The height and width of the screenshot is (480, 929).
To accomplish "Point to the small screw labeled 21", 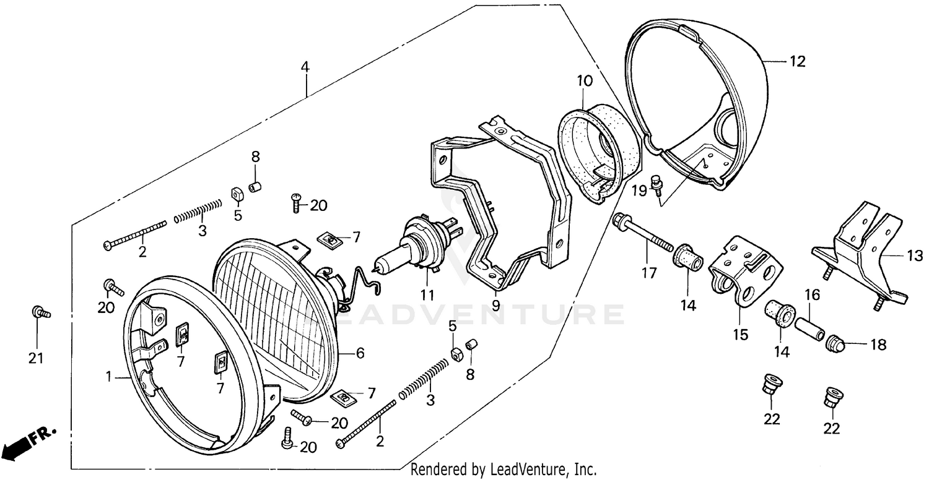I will tap(39, 313).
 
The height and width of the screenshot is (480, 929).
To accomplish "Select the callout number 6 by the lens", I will tap(359, 353).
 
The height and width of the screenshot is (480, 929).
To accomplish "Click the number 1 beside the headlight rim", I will tap(109, 375).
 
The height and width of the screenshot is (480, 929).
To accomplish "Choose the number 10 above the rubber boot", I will tap(585, 80).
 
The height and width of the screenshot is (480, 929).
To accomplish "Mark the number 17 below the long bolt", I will tap(648, 273).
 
